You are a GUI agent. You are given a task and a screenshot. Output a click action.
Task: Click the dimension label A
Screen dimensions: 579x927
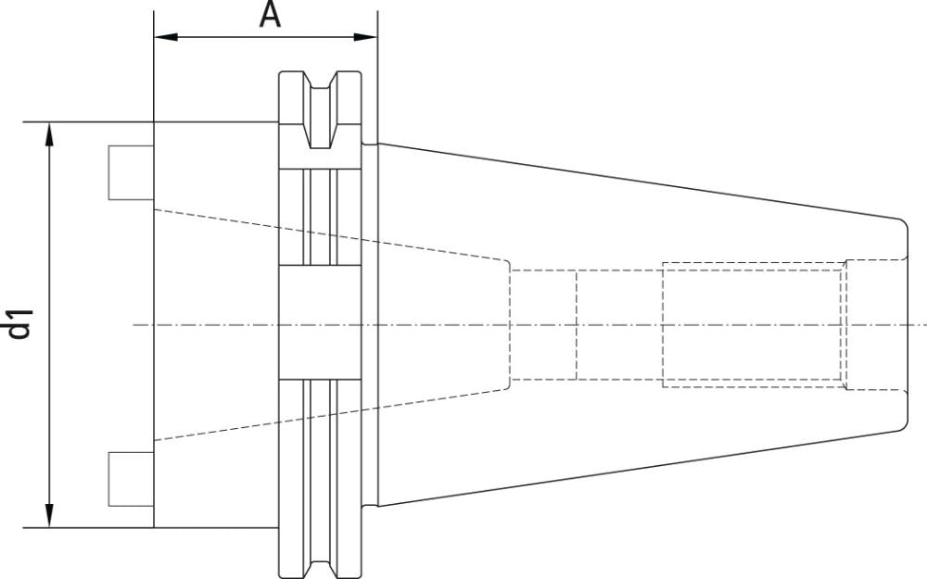tap(270, 15)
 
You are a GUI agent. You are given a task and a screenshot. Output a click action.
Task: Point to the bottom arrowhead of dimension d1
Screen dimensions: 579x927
tap(50, 516)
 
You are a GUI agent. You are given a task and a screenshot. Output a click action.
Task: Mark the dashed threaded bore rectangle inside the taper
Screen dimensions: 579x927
tap(753, 324)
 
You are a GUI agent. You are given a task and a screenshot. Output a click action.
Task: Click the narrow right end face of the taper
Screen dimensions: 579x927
tap(906, 324)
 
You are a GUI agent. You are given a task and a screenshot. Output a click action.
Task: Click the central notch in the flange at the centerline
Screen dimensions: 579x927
tap(320, 324)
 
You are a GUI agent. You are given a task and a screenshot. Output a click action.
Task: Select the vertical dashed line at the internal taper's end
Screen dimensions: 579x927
tap(509, 324)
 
